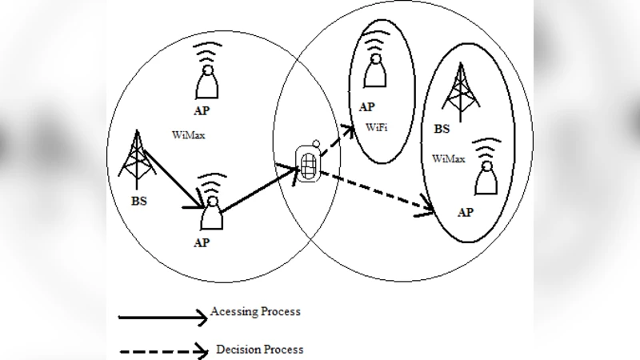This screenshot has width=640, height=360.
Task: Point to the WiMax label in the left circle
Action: [x=188, y=135]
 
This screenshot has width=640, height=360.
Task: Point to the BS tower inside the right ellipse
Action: [x=460, y=90]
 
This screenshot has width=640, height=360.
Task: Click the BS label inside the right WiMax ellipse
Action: [x=442, y=129]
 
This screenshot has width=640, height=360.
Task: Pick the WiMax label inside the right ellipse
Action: [x=449, y=159]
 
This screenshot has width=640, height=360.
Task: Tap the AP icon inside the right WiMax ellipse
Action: [x=486, y=170]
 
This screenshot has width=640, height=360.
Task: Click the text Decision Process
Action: [x=259, y=350]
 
